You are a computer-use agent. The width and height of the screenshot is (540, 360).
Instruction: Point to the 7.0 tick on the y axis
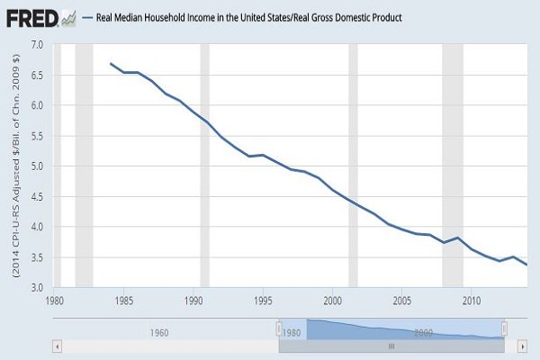click(37, 44)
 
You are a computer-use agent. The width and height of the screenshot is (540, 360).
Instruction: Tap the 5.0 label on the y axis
click(37, 166)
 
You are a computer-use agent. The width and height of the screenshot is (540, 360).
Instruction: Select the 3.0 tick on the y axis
click(37, 288)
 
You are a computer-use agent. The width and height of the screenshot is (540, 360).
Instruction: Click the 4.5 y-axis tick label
click(37, 197)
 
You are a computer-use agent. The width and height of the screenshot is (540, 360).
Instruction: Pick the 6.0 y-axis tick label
click(37, 105)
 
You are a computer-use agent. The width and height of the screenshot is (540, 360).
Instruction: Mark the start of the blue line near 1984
click(111, 64)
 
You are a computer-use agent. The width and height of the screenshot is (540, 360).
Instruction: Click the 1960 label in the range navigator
click(158, 330)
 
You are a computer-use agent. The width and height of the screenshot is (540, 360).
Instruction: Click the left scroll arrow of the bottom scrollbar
click(58, 346)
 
